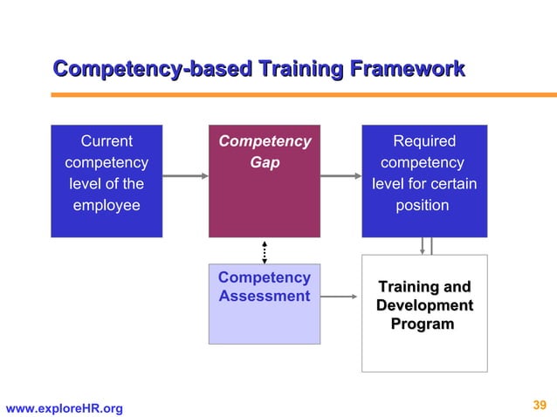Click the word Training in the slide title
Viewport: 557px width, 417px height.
click(x=298, y=68)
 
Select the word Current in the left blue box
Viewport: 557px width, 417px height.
click(x=107, y=141)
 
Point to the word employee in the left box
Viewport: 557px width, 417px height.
click(x=107, y=206)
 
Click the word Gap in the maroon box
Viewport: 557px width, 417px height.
click(x=265, y=163)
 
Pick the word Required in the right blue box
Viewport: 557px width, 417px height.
click(x=424, y=141)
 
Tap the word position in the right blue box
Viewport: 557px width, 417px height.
click(x=424, y=206)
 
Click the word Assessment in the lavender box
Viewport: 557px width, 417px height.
click(x=265, y=297)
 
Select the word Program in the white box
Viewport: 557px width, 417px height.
click(x=424, y=325)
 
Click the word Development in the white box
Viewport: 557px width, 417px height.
click(x=424, y=305)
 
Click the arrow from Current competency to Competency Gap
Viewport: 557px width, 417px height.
click(x=185, y=176)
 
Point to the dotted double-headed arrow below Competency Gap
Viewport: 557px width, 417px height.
click(x=265, y=250)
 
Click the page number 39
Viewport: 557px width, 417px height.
click(x=539, y=404)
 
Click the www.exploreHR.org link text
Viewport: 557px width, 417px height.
click(x=65, y=408)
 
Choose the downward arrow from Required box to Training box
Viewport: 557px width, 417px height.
click(x=423, y=245)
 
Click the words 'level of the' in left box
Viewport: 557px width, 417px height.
click(x=107, y=184)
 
